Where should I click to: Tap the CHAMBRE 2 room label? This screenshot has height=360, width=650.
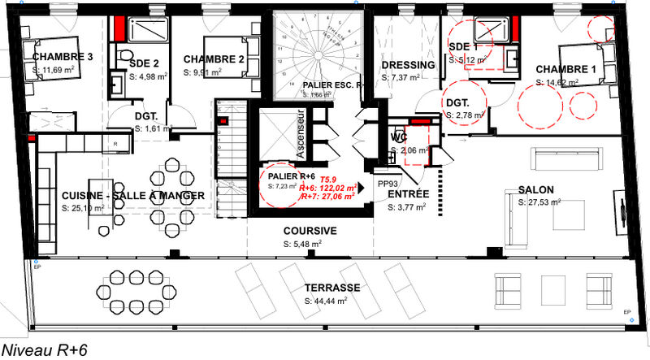click(x=214, y=59)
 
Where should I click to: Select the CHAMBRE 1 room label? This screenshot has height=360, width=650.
click(x=566, y=70)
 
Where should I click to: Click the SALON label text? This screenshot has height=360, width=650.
click(x=536, y=190)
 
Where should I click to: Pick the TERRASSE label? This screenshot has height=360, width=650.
click(x=332, y=288)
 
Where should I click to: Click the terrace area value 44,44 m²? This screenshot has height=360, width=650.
click(x=327, y=301)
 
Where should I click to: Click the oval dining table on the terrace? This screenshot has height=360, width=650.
click(x=127, y=289)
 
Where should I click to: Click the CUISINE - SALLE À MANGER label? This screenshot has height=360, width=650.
click(x=132, y=197)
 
